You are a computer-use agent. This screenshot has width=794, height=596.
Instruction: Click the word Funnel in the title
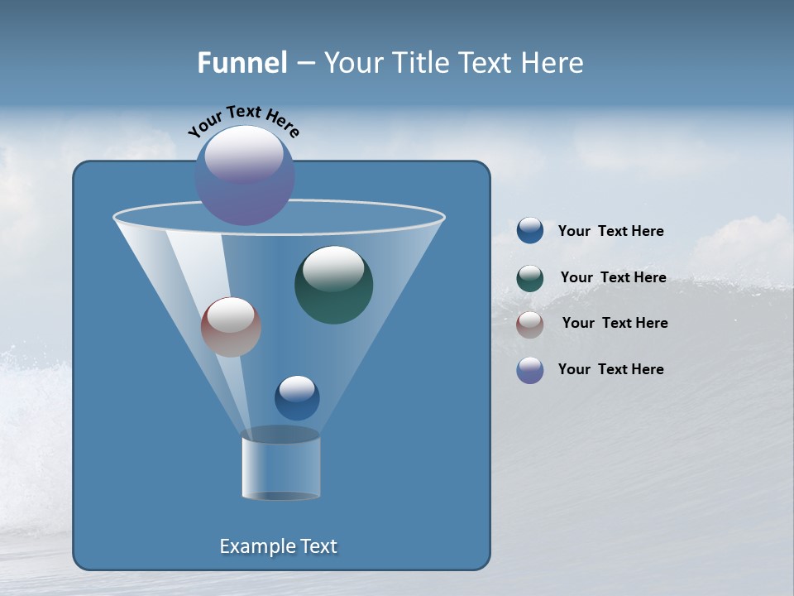click(242, 63)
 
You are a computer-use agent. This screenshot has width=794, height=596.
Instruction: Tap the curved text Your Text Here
click(243, 120)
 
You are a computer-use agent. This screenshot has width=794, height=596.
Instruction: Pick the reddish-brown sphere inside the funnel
click(231, 328)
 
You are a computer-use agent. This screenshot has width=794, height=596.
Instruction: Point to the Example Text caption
click(278, 546)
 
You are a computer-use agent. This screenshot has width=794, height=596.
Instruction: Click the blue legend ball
click(530, 231)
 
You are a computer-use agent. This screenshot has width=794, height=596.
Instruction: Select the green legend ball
click(530, 278)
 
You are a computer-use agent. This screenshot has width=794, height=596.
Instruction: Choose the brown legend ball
click(530, 324)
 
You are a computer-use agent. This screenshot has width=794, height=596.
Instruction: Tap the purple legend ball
click(530, 370)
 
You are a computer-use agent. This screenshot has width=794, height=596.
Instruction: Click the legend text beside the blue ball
click(610, 231)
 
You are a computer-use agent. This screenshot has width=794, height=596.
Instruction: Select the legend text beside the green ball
click(613, 277)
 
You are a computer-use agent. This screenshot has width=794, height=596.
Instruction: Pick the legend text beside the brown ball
click(615, 323)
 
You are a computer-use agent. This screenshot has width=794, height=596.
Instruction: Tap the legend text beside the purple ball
click(610, 369)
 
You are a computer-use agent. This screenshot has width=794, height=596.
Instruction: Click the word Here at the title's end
click(553, 63)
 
